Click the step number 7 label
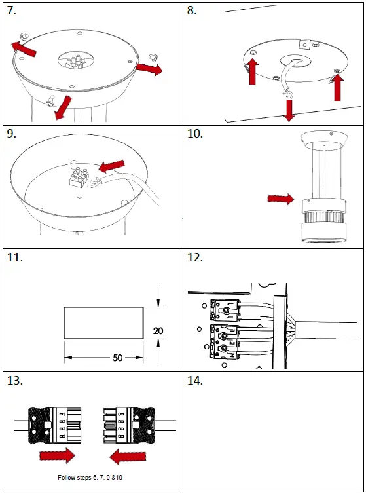click(x=12, y=10)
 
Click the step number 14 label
click(x=195, y=381)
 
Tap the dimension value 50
click(x=117, y=358)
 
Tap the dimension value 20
click(x=158, y=331)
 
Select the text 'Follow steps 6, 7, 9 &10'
click(x=90, y=478)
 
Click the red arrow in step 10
click(x=281, y=199)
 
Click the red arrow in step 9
click(x=111, y=166)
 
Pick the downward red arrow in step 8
click(x=289, y=110)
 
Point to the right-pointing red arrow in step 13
click(x=58, y=455)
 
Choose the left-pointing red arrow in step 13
click(x=128, y=457)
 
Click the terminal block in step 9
click(x=79, y=176)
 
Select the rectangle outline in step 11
click(x=103, y=323)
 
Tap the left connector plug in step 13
click(x=55, y=425)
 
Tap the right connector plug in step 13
click(x=129, y=425)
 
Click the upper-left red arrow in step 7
click(x=24, y=49)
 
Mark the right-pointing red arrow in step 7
click(x=149, y=69)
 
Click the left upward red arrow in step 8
click(x=253, y=71)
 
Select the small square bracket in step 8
click(x=304, y=45)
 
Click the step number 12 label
click(x=195, y=257)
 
